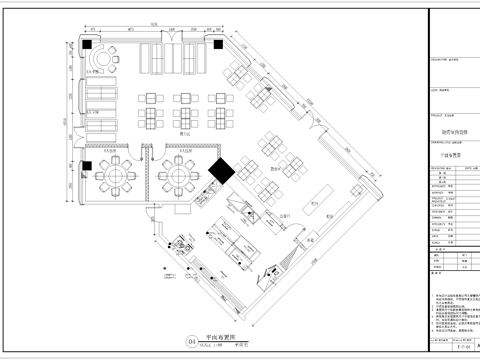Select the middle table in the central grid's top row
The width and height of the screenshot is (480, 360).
(x=186, y=99)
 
